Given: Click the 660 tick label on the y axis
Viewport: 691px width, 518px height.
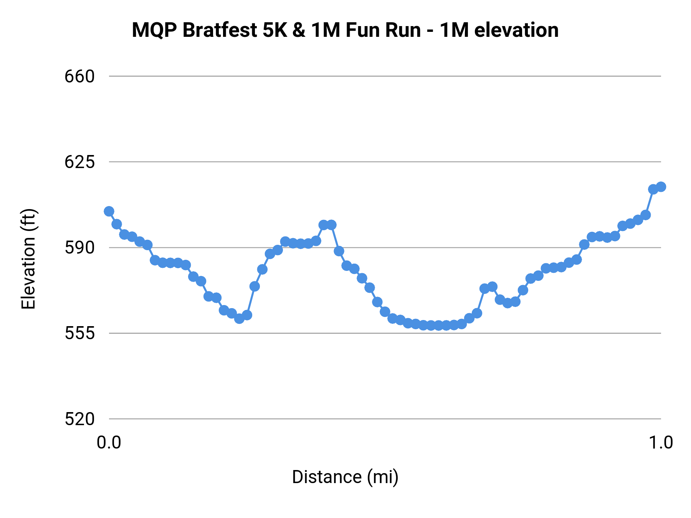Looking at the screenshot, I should coord(79,77).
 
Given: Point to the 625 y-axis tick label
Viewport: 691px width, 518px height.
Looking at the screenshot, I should coord(79,162).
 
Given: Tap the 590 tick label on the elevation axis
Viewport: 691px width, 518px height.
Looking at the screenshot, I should coord(79,248).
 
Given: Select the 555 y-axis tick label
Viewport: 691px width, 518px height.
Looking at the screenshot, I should coord(79,333).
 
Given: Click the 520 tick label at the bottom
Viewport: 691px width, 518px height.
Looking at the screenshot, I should coord(79,419).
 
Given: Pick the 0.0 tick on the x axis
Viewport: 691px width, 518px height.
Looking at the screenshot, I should coord(109,443).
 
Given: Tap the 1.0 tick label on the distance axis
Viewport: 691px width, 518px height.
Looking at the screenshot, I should coord(661,443).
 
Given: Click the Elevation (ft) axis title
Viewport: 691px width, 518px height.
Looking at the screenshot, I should coord(28,259).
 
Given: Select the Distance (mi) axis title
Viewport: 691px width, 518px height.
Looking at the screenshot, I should coord(345,477).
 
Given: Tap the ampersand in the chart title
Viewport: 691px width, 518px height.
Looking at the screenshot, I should coord(299,30).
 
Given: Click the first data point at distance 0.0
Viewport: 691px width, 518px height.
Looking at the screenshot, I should coord(109,211).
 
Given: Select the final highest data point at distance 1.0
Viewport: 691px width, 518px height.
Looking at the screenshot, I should coord(661,187).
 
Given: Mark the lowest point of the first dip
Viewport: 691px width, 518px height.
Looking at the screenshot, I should coord(239,318).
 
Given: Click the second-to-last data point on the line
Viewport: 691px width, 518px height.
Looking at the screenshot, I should coord(653,189).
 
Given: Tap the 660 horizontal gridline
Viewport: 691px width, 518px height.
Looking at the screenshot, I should coord(384,76).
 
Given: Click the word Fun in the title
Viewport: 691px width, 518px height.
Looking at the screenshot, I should coord(363,30).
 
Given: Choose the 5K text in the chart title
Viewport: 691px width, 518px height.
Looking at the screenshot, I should coord(275,30).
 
